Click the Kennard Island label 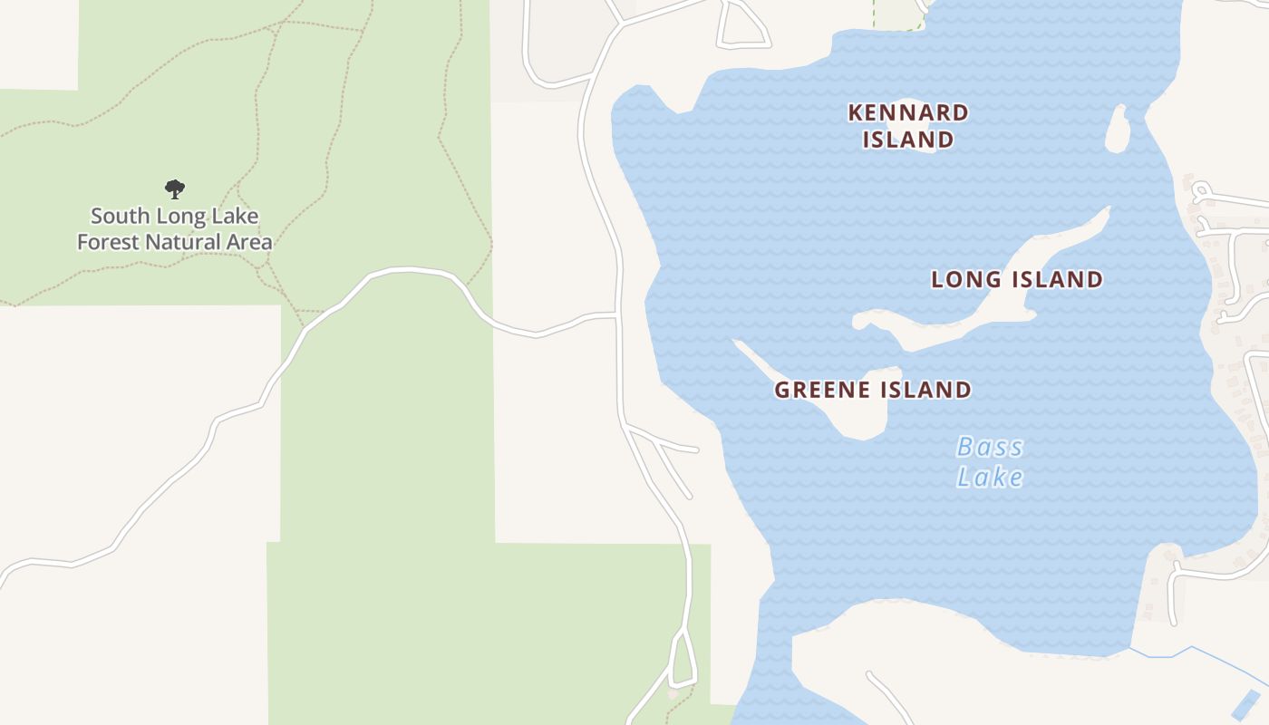(x=908, y=126)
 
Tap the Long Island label (x=1017, y=279)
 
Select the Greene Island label (x=873, y=390)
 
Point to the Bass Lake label (x=990, y=461)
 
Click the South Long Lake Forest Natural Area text (x=175, y=229)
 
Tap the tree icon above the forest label (x=175, y=189)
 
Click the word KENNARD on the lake (x=908, y=113)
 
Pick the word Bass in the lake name (x=990, y=447)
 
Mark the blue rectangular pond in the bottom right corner (x=1246, y=704)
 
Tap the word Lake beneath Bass (x=990, y=477)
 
